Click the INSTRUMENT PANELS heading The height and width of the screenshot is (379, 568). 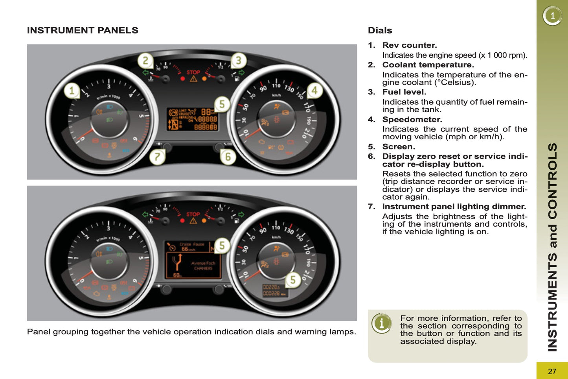(x=83, y=30)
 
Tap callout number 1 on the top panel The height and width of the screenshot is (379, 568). (x=72, y=91)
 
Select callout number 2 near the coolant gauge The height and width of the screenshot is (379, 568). (x=145, y=61)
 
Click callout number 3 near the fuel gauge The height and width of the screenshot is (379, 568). (x=238, y=61)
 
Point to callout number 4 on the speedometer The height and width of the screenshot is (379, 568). (x=314, y=91)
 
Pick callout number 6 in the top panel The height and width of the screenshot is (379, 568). (x=228, y=157)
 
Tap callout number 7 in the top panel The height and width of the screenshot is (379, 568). (x=157, y=157)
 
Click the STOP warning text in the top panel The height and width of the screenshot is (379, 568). (x=193, y=72)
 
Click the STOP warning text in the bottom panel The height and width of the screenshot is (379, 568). (x=193, y=214)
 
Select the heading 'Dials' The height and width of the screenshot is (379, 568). (x=380, y=30)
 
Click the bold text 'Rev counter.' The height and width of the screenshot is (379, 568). (x=410, y=45)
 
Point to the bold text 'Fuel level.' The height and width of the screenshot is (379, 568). (x=404, y=92)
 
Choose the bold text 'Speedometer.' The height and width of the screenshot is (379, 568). (x=412, y=119)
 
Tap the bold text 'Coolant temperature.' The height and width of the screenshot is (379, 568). (x=428, y=65)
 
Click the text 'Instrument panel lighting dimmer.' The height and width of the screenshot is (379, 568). (x=454, y=207)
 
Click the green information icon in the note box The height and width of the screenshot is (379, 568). (x=381, y=324)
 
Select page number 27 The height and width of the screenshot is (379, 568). (x=552, y=371)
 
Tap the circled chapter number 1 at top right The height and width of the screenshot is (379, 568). (x=552, y=16)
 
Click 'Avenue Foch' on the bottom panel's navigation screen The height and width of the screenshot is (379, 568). (x=203, y=263)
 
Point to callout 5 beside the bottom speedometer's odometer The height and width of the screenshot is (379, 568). (x=293, y=280)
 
